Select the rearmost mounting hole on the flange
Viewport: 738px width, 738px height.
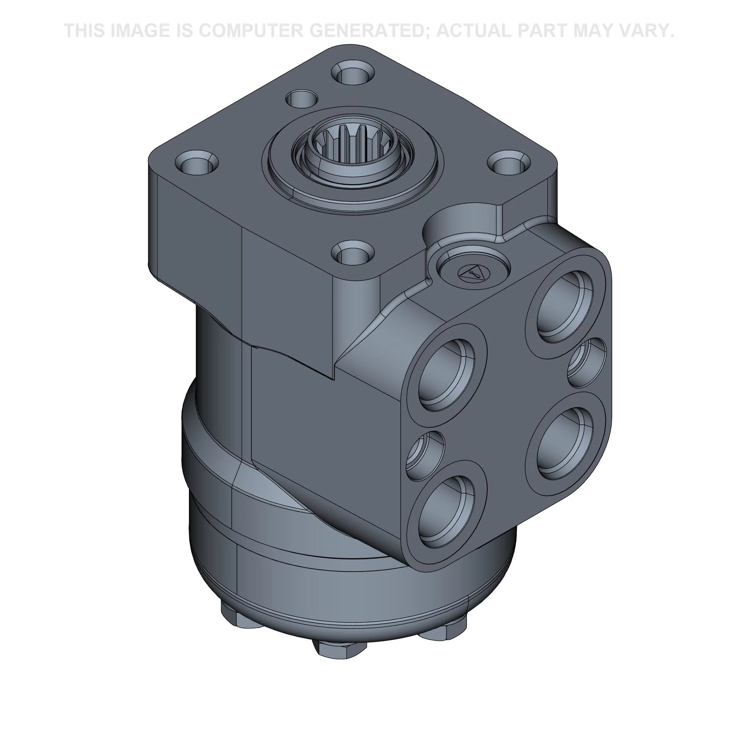tap(352, 73)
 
